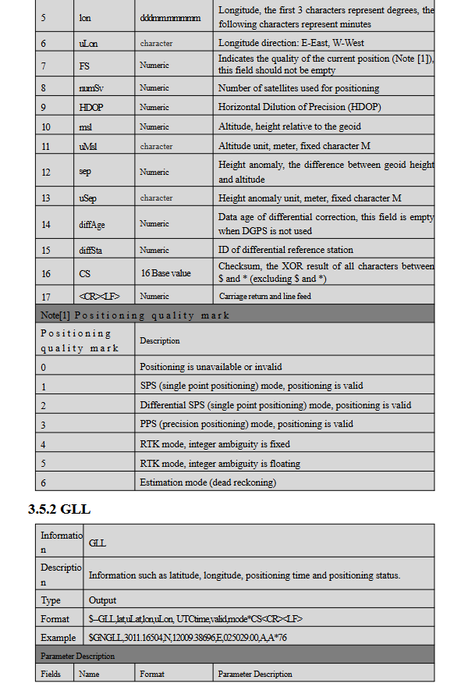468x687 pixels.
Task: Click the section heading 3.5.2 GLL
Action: pos(59,509)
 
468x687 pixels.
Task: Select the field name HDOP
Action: pos(91,108)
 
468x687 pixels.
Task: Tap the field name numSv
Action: pos(91,88)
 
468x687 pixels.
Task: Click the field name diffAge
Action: pos(92,224)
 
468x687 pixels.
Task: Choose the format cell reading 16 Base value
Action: pos(167,274)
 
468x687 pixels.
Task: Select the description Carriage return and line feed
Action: pos(264,297)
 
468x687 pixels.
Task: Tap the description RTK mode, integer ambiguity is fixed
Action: pos(214,443)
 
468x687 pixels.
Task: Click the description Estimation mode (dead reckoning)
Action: pos(207,482)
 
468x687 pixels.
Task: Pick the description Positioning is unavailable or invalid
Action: pos(211,366)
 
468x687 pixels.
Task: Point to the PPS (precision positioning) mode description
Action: pos(246,424)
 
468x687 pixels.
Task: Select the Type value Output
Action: pos(102,600)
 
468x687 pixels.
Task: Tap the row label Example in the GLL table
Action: pos(58,637)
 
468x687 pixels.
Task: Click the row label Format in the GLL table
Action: pos(55,618)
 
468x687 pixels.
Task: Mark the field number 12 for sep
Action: pos(45,172)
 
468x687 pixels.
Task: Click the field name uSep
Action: pos(88,198)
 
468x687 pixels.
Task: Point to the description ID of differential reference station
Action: pos(285,250)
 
